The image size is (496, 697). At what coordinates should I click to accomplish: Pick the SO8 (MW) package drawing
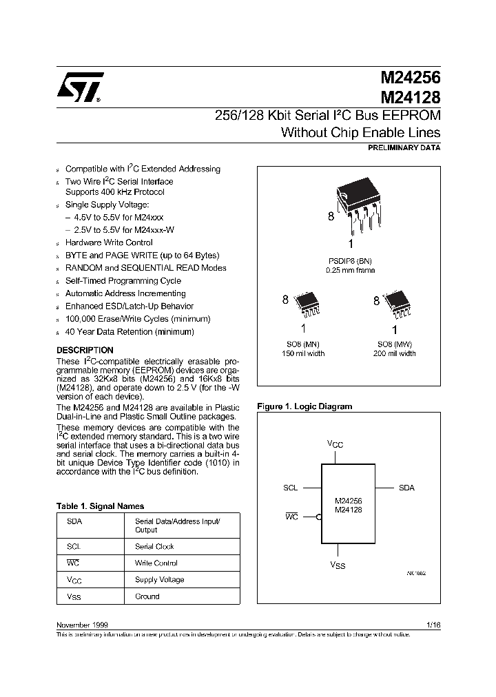[395, 302]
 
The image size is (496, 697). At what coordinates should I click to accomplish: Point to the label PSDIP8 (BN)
[351, 261]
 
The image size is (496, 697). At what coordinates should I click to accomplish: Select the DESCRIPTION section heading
[85, 350]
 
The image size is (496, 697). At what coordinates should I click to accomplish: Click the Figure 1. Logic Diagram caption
[304, 406]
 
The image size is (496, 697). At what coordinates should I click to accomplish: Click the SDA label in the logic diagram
[406, 488]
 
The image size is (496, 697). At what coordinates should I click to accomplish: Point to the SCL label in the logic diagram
[290, 488]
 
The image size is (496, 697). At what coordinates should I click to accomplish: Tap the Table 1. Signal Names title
[100, 506]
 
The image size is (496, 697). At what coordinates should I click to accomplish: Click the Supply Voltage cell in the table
[159, 580]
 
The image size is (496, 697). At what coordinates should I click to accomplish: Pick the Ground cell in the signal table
[147, 596]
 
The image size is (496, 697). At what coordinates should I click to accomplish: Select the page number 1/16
[433, 624]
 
